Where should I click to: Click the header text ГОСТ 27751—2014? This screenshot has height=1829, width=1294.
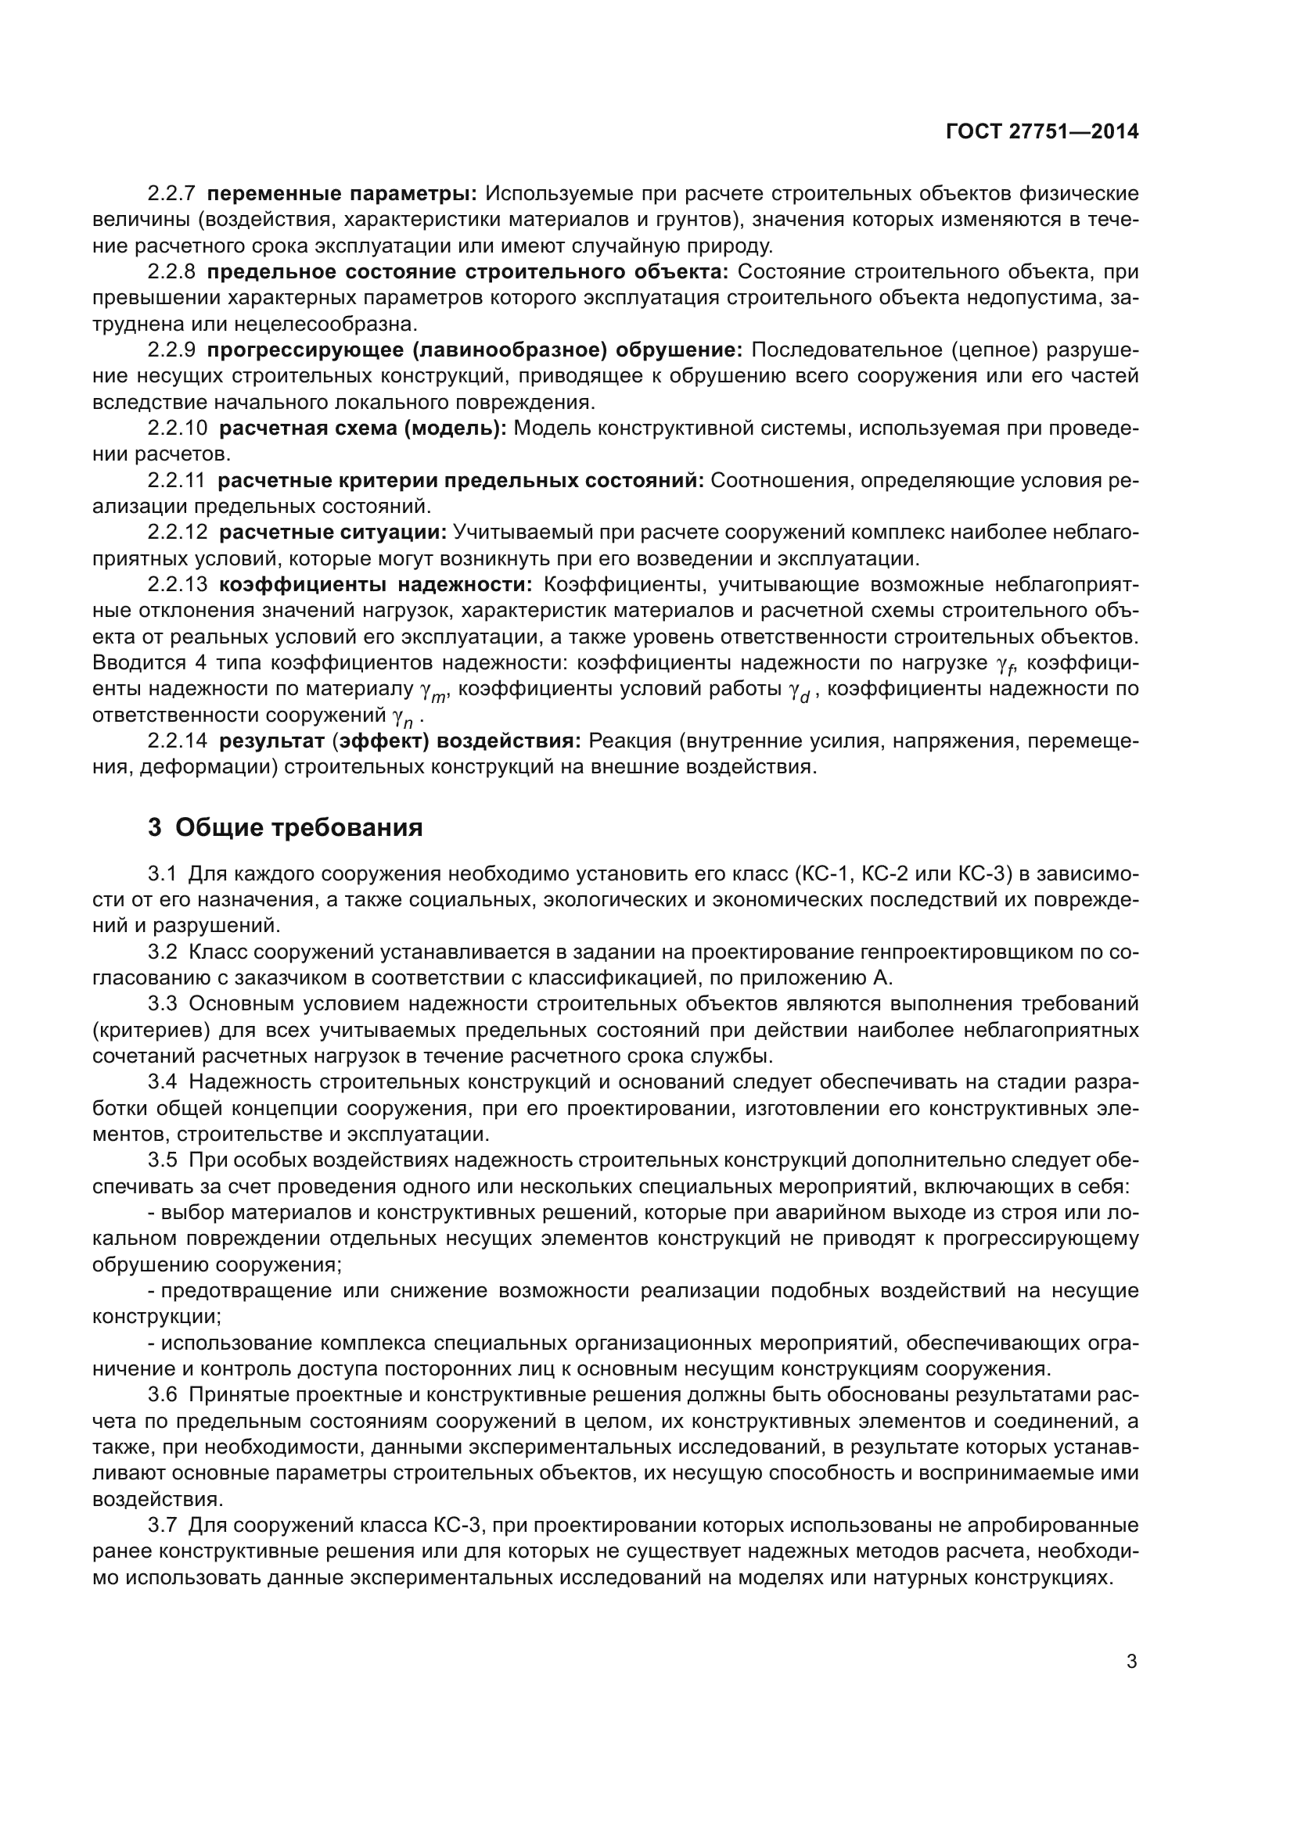pos(1041,131)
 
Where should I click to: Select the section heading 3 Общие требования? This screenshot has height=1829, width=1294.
pos(285,827)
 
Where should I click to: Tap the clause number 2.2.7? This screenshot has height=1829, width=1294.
pos(171,194)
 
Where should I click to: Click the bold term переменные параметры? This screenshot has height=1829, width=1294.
pos(342,194)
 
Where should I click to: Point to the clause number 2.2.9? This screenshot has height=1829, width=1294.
pos(171,350)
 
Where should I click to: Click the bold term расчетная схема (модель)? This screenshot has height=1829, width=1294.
pos(362,428)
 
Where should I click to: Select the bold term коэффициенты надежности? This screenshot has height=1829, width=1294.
pos(376,585)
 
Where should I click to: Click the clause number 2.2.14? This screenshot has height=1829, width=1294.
pos(177,741)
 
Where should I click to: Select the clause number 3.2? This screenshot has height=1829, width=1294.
pos(163,952)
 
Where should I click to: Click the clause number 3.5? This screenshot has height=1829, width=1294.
pos(163,1160)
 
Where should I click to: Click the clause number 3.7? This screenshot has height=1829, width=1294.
pos(163,1525)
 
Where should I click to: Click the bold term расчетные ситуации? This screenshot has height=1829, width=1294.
pos(332,533)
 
